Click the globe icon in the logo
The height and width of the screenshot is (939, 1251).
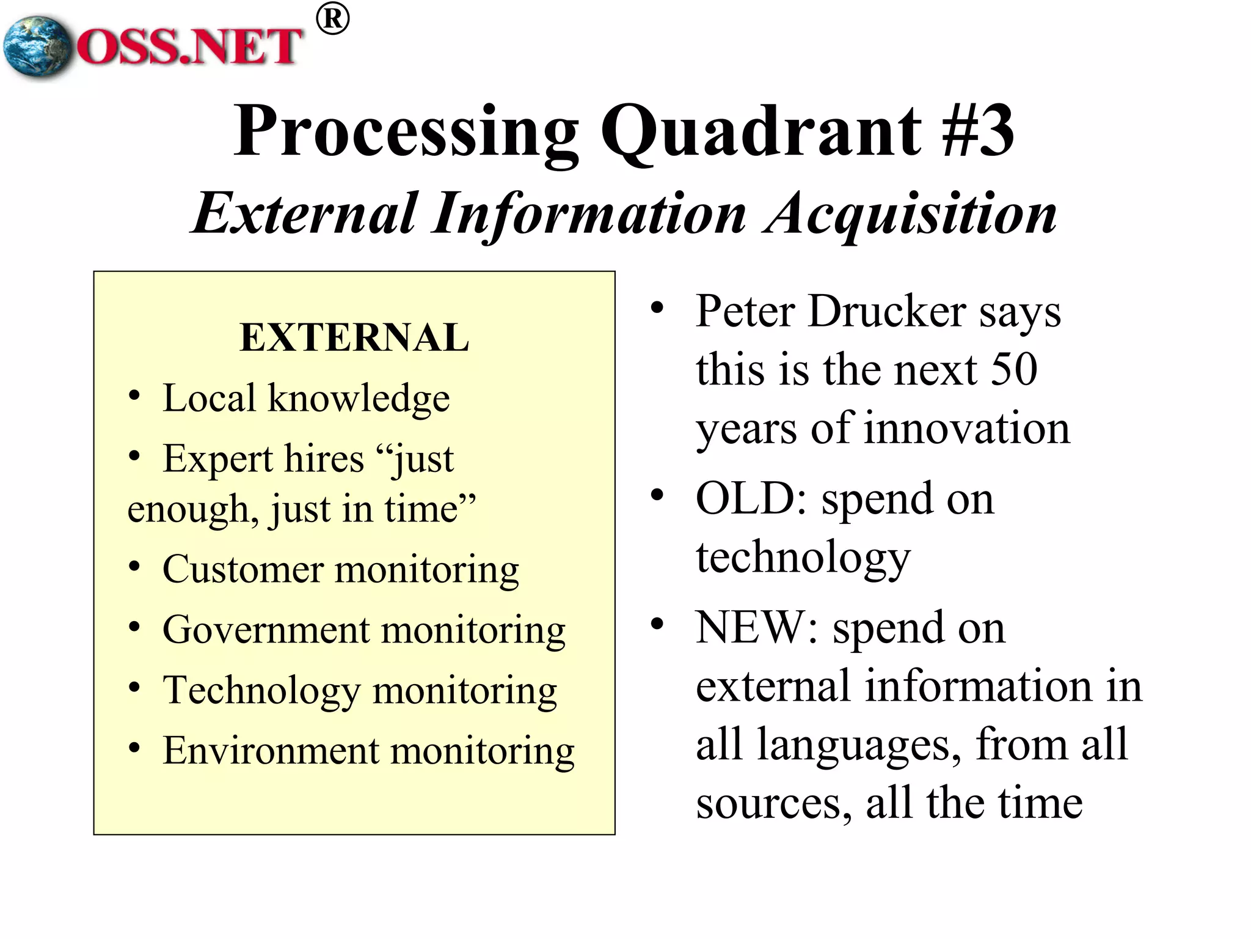coord(37,47)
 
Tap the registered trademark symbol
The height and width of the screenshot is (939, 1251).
coord(333,20)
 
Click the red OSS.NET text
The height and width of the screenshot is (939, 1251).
coord(189,47)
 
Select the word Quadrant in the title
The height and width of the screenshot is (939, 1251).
coord(760,131)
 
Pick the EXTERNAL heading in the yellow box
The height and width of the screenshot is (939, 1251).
coord(354,337)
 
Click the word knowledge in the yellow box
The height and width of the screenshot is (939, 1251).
coord(359,399)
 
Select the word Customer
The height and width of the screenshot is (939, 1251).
coord(243,570)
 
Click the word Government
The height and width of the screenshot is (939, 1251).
coord(266,630)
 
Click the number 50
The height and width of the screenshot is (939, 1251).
coord(1014,369)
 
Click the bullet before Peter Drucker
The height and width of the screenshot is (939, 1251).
coord(657,307)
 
